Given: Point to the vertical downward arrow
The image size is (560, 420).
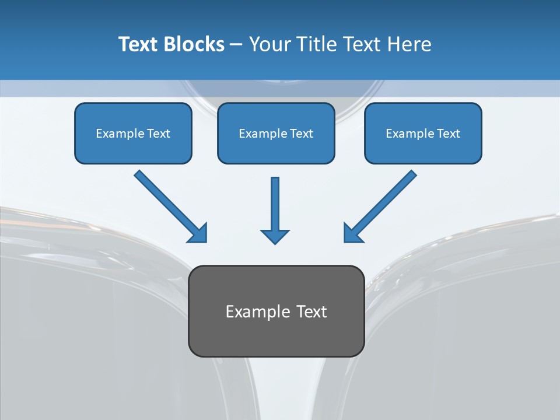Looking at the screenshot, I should coord(275,204).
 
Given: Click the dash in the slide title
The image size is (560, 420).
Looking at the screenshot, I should coord(236,44).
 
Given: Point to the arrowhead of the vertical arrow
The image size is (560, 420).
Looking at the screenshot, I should coord(275,236).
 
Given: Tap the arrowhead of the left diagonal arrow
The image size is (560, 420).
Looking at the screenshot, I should coord(198,233).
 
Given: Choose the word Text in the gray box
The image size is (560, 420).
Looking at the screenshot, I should coord(311,311).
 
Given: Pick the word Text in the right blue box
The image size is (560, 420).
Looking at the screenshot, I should coord(448,134).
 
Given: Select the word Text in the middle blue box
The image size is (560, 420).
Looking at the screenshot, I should coord(301,134).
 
